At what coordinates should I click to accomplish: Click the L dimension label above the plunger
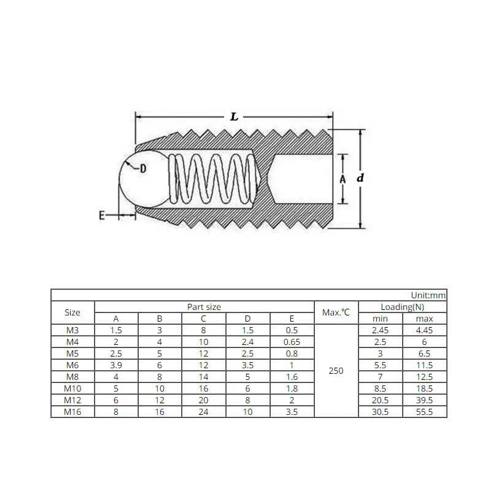(234, 117)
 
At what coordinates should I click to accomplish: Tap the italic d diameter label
(360, 178)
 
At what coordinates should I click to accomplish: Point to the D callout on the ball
(143, 169)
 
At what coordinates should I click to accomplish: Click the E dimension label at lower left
(102, 215)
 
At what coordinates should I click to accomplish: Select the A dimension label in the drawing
(342, 179)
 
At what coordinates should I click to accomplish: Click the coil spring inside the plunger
(213, 179)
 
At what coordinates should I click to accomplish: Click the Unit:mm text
(428, 295)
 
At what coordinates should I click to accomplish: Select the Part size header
(204, 307)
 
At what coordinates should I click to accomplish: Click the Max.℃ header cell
(336, 312)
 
